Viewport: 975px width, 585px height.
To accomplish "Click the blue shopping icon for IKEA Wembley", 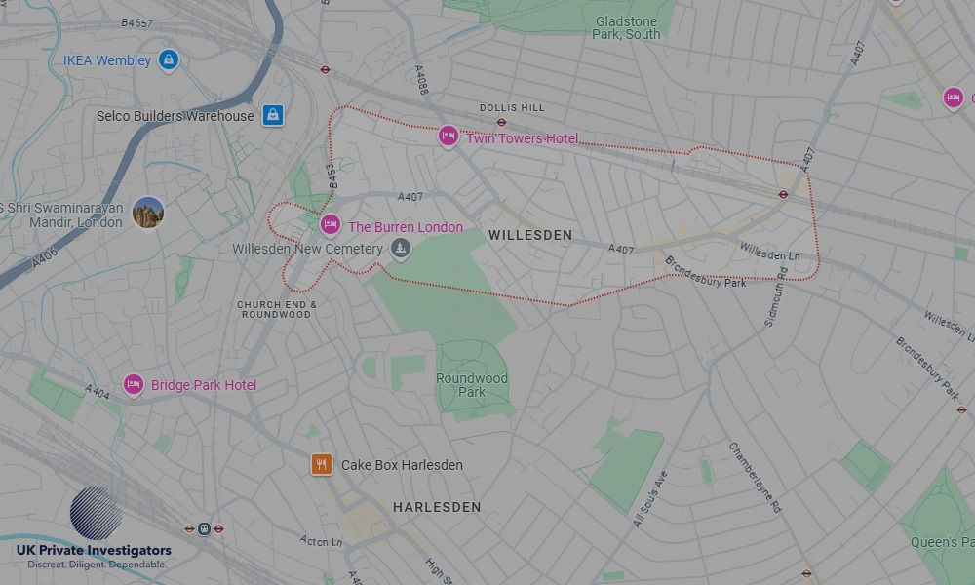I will coord(169,60).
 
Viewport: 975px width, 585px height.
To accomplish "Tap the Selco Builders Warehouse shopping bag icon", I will coord(273,115).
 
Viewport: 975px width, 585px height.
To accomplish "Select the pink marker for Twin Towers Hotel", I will coord(448,136).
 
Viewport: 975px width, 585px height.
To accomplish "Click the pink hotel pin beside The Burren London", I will coord(331,226).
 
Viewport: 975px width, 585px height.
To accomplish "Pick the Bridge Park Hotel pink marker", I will coord(134,384).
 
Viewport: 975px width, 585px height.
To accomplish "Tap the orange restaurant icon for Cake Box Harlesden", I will coord(322,464).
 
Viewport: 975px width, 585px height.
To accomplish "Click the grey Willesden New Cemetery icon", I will coord(399,250).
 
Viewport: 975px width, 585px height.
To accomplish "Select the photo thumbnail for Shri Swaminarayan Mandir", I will coord(148,212).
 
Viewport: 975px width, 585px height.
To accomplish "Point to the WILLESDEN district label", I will coord(530,235).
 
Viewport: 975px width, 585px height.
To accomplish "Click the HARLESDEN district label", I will coord(437,507).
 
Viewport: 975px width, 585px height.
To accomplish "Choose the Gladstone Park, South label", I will coord(626,27).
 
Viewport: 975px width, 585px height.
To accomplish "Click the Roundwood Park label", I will coord(472,385).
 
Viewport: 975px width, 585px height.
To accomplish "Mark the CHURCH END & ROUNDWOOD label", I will coord(277,309).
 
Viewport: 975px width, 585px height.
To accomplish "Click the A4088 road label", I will coord(422,79).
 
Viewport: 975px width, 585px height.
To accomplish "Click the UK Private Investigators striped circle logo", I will coord(97,513).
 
